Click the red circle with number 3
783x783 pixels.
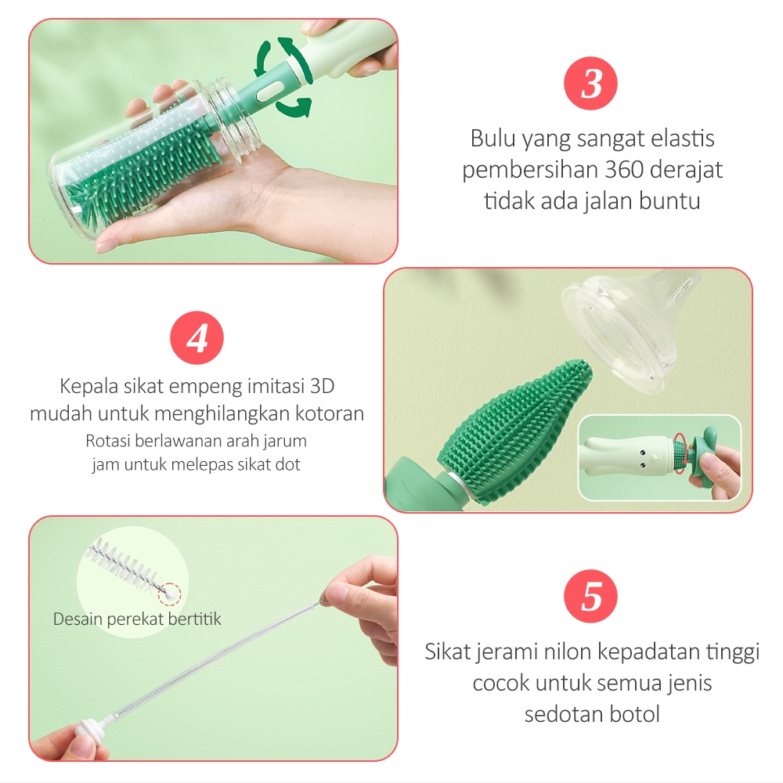point(590,84)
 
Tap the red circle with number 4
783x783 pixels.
point(197,337)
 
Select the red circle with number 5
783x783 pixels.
point(590,596)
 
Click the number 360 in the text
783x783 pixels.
point(622,170)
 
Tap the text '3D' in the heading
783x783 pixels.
point(323,386)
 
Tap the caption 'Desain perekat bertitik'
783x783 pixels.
point(137,619)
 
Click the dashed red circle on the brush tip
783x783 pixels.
point(170,594)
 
